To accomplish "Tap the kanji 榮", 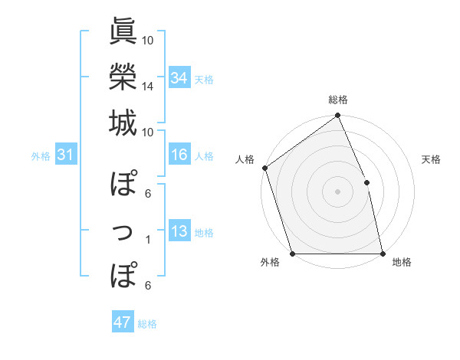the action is tap(123, 77).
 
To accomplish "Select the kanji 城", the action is tap(123, 123).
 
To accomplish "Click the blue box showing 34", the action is tap(179, 78).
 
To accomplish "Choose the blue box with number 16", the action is tap(179, 155).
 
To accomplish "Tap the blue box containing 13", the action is tap(179, 232).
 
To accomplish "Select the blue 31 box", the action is tap(65, 155).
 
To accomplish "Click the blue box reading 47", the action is tap(123, 322).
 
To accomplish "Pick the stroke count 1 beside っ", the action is tap(148, 240).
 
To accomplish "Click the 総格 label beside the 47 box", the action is tap(148, 324).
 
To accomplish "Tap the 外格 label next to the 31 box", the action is tap(41, 156).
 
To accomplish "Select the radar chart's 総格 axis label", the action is tap(338, 100).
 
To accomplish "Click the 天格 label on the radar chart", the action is tap(432, 159).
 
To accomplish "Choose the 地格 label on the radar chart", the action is tap(402, 263).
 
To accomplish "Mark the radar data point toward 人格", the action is tap(264, 168).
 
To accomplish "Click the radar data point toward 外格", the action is tap(292, 254).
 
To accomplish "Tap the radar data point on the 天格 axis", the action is tap(366, 182).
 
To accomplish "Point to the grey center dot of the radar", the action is tap(337, 191).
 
